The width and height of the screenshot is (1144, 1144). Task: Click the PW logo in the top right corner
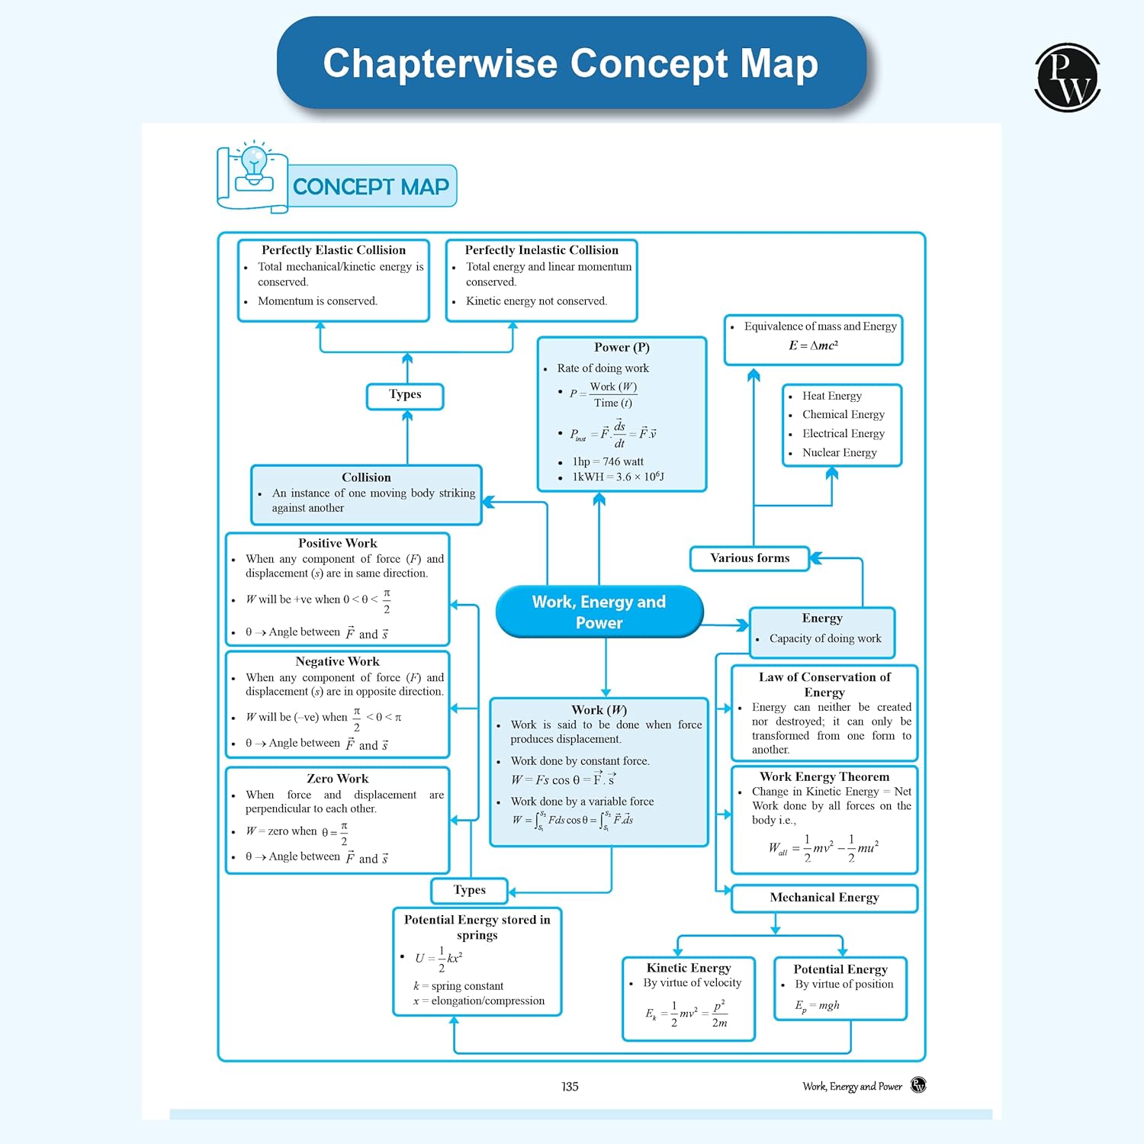[1067, 78]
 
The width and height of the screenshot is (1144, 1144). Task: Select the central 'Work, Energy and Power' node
[599, 612]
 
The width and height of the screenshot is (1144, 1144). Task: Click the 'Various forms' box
[750, 558]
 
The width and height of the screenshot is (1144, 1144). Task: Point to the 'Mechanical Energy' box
[824, 898]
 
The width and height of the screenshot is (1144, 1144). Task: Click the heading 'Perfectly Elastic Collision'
[333, 250]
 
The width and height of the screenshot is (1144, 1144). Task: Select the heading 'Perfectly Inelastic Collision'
[541, 250]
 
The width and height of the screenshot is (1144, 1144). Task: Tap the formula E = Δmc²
[813, 345]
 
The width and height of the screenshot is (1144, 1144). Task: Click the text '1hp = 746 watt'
[608, 461]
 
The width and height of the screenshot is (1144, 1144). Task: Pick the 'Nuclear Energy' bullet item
[839, 452]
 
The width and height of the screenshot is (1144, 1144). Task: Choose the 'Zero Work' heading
[337, 779]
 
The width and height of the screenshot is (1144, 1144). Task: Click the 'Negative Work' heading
[337, 661]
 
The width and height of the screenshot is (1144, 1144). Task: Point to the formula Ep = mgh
[817, 1005]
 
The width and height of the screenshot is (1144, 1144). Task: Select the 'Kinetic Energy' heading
[689, 968]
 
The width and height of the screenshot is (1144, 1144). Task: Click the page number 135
[570, 1086]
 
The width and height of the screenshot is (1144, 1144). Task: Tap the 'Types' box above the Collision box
[405, 395]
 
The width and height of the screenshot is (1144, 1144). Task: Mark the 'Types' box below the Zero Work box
[469, 890]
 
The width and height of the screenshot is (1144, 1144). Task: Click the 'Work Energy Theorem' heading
[824, 776]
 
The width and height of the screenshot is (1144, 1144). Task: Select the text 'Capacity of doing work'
[825, 638]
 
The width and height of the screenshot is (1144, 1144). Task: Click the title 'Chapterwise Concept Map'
[570, 63]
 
